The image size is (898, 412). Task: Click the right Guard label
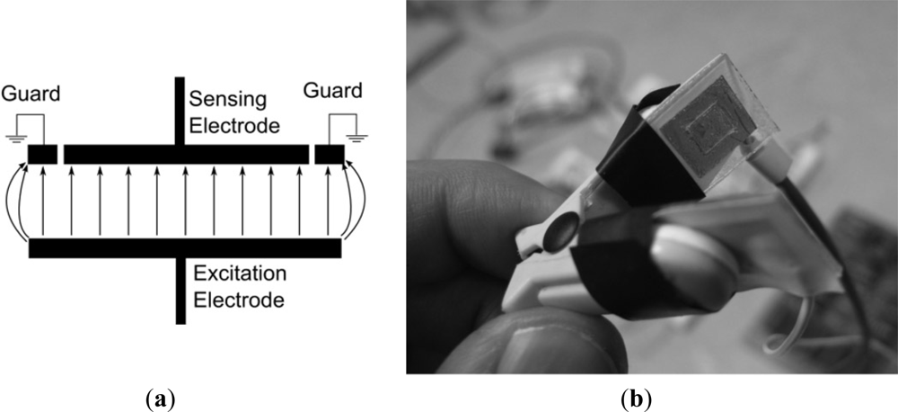333,91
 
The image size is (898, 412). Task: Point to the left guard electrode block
42,155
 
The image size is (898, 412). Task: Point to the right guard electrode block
330,155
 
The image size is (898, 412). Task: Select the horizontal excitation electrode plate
185,248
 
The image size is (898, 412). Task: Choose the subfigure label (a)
160,397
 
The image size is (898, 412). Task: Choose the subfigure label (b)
640,397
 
